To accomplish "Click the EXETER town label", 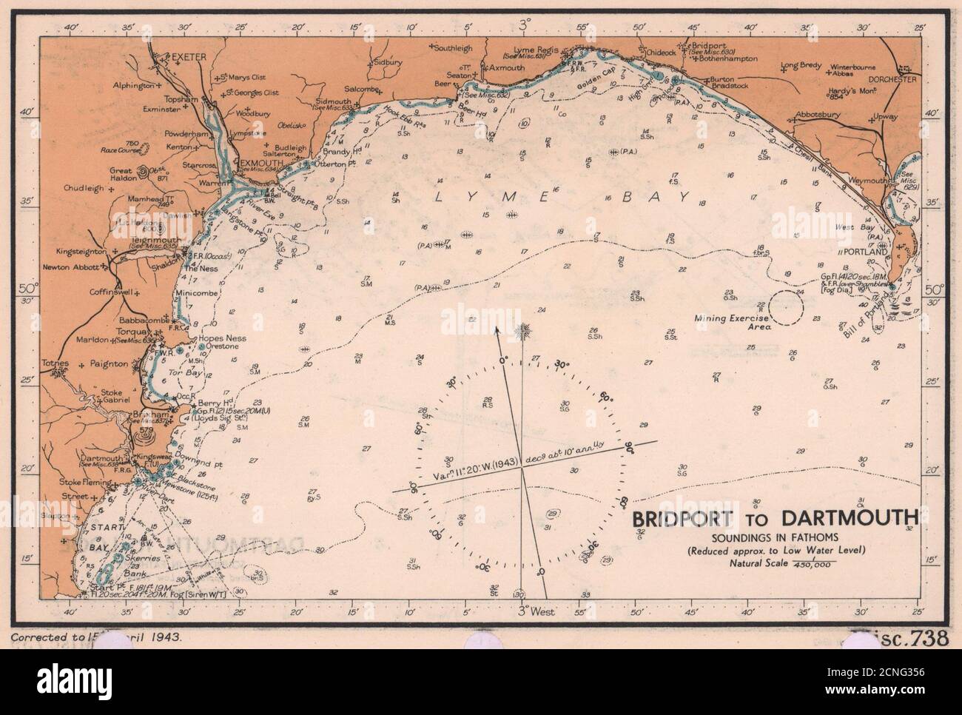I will tap(186, 56).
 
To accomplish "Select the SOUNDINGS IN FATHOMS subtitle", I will tap(773, 536).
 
